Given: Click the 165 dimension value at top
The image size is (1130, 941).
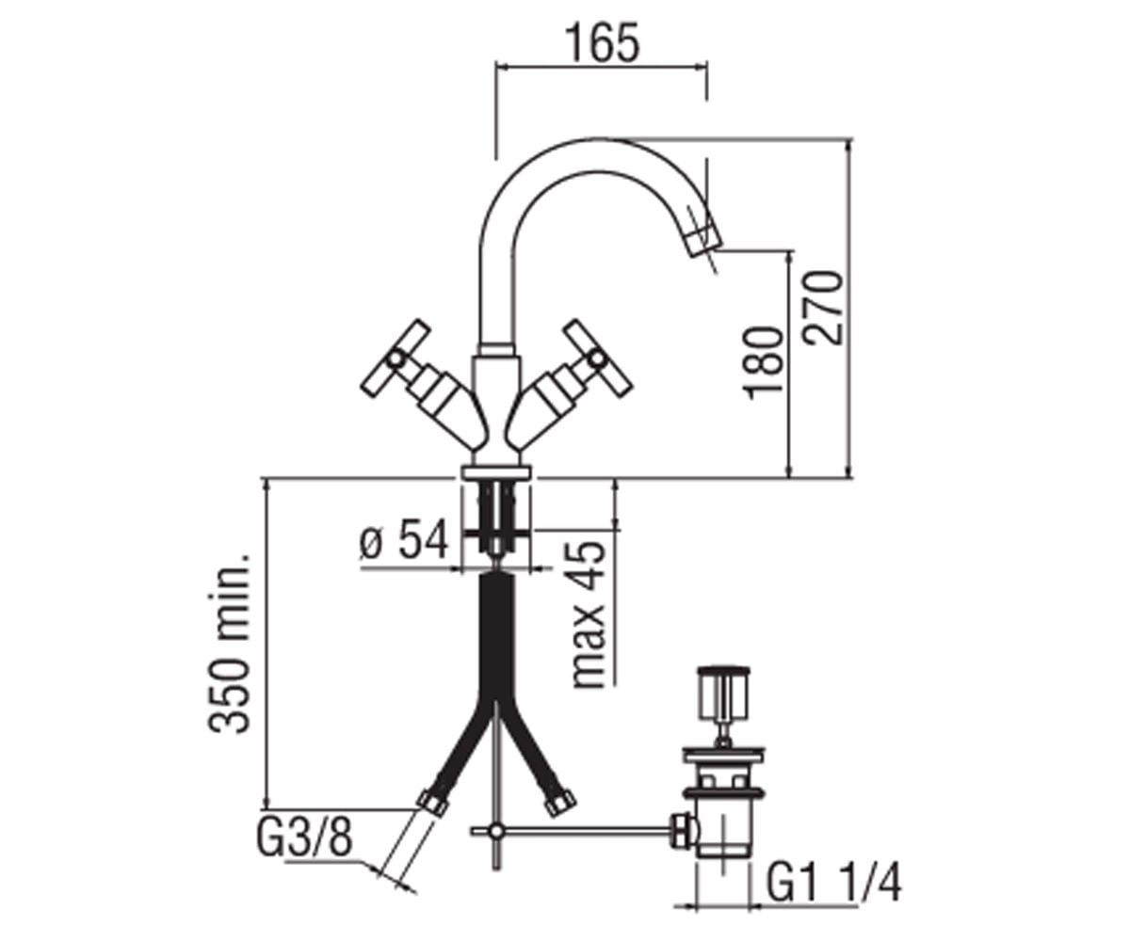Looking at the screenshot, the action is [x=603, y=42].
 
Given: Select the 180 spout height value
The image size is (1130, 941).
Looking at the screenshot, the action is [x=764, y=362].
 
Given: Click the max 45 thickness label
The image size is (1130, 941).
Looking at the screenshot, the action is [x=589, y=614].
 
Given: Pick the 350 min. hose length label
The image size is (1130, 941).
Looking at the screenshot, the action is [x=230, y=643].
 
